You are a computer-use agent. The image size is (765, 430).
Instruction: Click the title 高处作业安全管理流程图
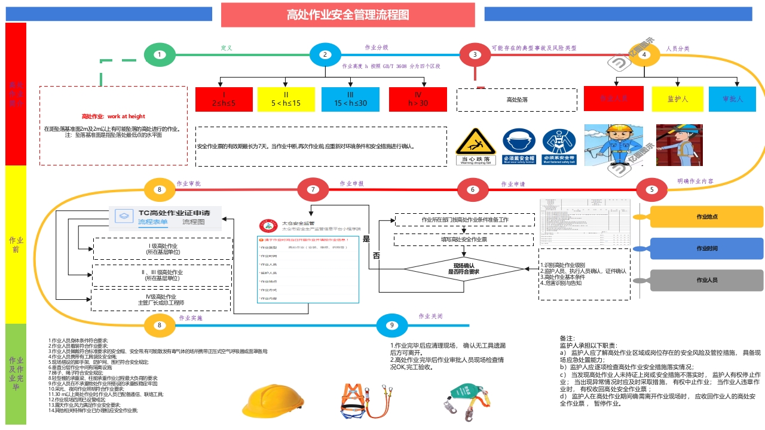[x=348, y=15]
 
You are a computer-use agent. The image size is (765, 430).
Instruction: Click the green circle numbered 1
[x=160, y=55]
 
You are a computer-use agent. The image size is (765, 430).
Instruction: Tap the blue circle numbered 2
[x=325, y=55]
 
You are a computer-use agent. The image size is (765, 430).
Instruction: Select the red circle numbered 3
[x=475, y=55]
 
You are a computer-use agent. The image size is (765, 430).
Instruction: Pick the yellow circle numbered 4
[x=644, y=55]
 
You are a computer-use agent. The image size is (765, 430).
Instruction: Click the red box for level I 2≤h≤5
[x=224, y=99]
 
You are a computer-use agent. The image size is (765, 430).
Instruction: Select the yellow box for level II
[x=286, y=99]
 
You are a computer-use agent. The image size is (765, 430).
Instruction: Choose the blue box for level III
[x=350, y=99]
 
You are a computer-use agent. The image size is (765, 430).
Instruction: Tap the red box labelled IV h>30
[x=418, y=99]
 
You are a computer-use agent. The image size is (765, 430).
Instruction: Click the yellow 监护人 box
[x=678, y=99]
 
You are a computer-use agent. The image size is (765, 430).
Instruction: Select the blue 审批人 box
[x=733, y=99]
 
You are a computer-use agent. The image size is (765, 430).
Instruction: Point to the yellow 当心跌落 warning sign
[x=476, y=146]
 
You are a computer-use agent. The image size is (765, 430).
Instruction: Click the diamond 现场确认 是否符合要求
[x=464, y=268]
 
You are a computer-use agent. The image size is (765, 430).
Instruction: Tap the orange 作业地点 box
[x=706, y=217]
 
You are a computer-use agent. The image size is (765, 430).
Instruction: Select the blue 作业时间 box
[x=706, y=248]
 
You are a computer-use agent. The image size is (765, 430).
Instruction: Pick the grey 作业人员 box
[x=706, y=280]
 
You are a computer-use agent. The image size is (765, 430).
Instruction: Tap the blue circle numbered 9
[x=391, y=325]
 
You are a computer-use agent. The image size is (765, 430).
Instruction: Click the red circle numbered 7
[x=313, y=190]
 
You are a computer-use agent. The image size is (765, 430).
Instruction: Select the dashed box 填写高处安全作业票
[x=464, y=239]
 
